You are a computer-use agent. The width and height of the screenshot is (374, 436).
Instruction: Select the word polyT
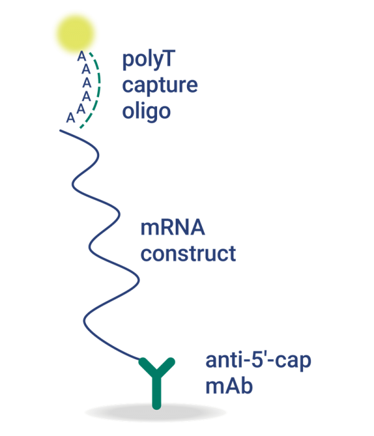pos(148,62)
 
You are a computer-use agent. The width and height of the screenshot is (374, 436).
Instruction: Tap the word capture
pos(160,86)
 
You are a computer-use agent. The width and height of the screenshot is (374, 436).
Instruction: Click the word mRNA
pos(173,228)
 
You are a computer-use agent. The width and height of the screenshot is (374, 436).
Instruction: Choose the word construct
pos(188,254)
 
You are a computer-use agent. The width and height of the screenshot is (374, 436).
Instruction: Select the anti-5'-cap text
pos(258,361)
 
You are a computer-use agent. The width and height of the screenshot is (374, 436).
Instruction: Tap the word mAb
pos(229,386)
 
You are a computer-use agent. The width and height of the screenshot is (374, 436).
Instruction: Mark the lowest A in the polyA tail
pos(70,117)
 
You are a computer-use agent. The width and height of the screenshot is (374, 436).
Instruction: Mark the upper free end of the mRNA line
pos(61,131)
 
